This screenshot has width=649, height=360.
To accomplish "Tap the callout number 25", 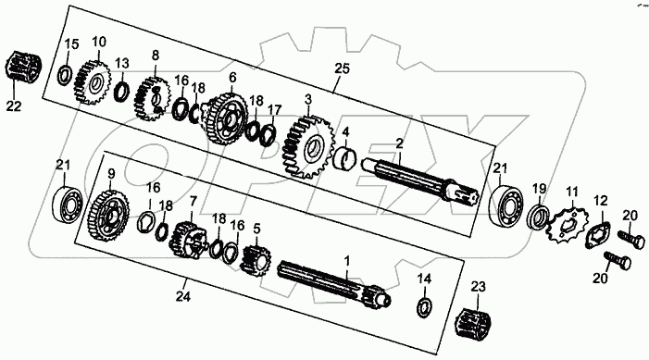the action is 343,68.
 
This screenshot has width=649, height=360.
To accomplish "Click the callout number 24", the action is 183,296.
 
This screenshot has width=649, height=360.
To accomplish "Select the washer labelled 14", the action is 424,307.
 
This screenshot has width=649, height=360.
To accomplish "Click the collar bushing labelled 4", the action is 344,157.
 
